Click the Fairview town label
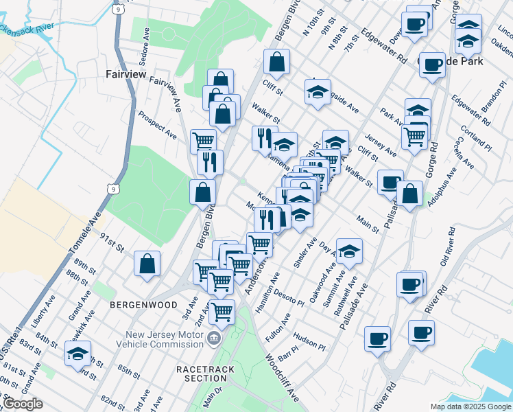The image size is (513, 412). point(126,74)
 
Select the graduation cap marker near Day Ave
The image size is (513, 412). point(349,252)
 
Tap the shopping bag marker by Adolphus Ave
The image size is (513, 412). point(409,194)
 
